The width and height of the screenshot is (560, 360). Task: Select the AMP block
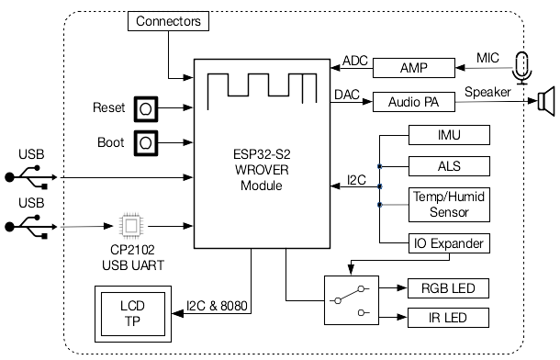point(414,68)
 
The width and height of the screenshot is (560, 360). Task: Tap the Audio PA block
point(414,102)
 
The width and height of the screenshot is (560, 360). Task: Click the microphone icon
point(522,67)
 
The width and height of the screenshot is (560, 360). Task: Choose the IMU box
point(448,137)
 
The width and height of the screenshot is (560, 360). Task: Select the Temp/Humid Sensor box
point(448,205)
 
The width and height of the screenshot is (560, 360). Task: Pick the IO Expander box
point(448,243)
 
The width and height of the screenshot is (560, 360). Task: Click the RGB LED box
point(448,287)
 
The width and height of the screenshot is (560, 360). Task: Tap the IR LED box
point(448,319)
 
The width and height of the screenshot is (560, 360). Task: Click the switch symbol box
point(352,300)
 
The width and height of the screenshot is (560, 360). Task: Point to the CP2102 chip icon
point(132,224)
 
